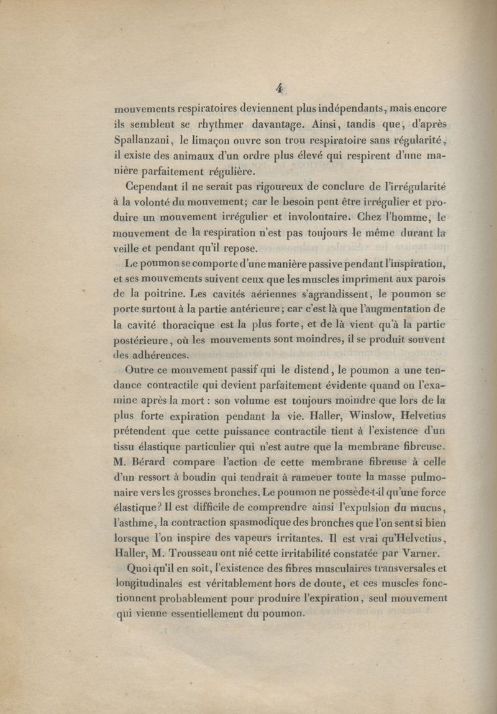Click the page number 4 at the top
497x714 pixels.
tap(279, 89)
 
